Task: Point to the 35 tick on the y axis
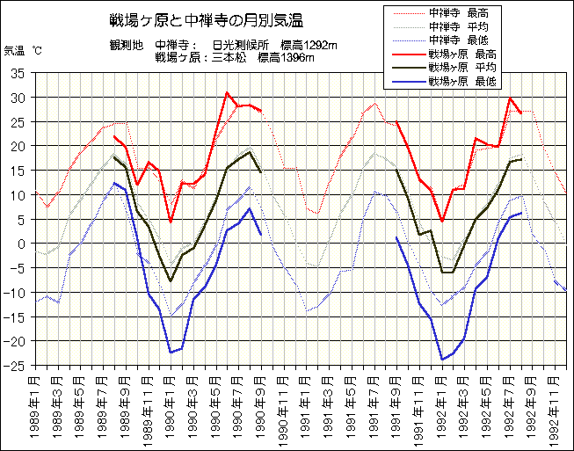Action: pos(18,73)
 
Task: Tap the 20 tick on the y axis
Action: pos(18,146)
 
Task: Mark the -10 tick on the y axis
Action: pos(15,292)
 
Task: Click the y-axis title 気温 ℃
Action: pos(23,51)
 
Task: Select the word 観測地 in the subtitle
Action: pos(126,44)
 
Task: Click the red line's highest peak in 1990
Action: pos(227,92)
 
